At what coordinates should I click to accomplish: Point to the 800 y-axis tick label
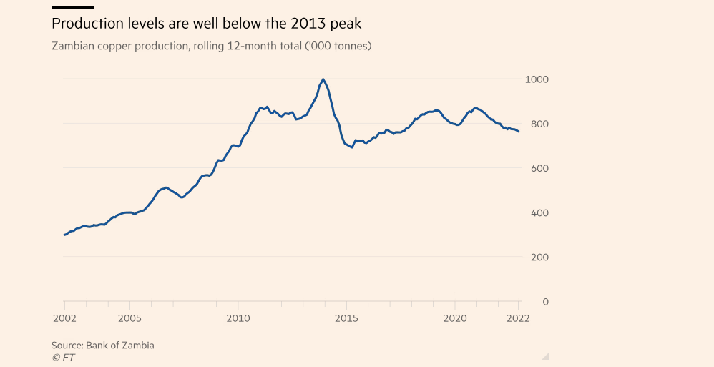tap(539, 124)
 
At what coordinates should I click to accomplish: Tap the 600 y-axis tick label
tap(539, 168)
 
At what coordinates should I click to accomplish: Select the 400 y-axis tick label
tap(539, 212)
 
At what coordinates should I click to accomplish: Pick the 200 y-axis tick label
tap(539, 257)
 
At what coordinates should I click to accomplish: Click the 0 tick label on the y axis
tap(545, 301)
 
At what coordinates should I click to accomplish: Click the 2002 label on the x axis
tap(64, 318)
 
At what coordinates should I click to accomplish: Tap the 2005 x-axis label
tap(129, 318)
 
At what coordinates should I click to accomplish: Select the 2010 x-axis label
tap(238, 318)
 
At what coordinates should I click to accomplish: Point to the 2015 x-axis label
tap(346, 318)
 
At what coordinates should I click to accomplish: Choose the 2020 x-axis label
tap(455, 318)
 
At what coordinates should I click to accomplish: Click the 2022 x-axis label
tap(518, 318)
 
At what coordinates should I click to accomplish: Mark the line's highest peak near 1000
tap(323, 79)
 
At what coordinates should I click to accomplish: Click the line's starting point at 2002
tap(64, 235)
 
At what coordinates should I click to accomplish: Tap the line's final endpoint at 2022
tap(519, 132)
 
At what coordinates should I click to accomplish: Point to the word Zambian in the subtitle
tap(73, 47)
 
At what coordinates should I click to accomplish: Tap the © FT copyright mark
tap(63, 357)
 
